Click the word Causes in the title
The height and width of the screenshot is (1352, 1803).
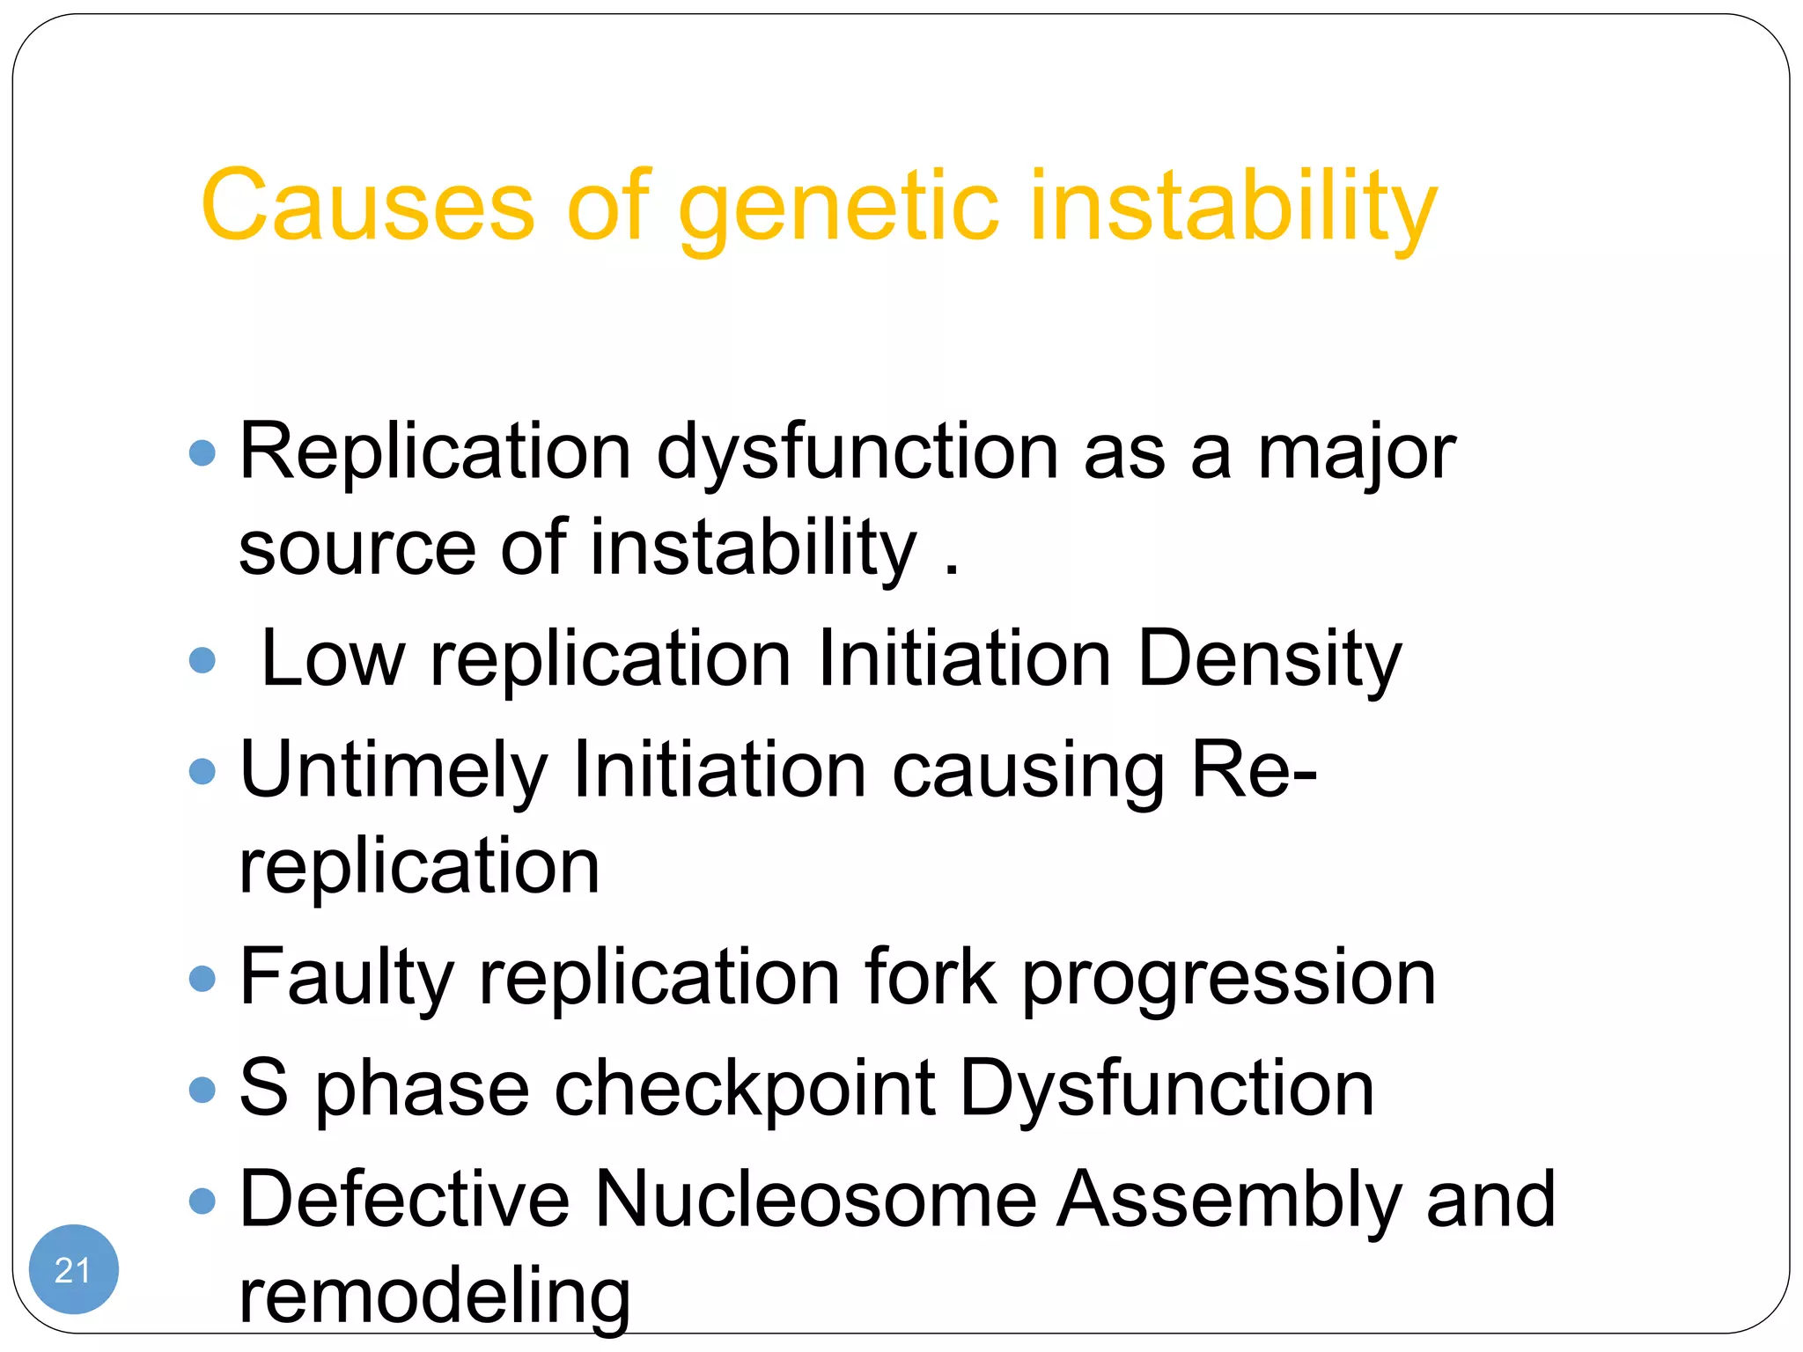coord(367,206)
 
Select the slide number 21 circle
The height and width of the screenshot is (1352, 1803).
coord(73,1269)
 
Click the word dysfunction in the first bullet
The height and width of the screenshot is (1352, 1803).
coord(857,453)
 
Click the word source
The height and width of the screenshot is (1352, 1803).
coord(357,549)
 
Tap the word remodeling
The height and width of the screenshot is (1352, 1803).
coord(435,1297)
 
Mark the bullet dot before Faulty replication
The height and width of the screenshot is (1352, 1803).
coord(202,978)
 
